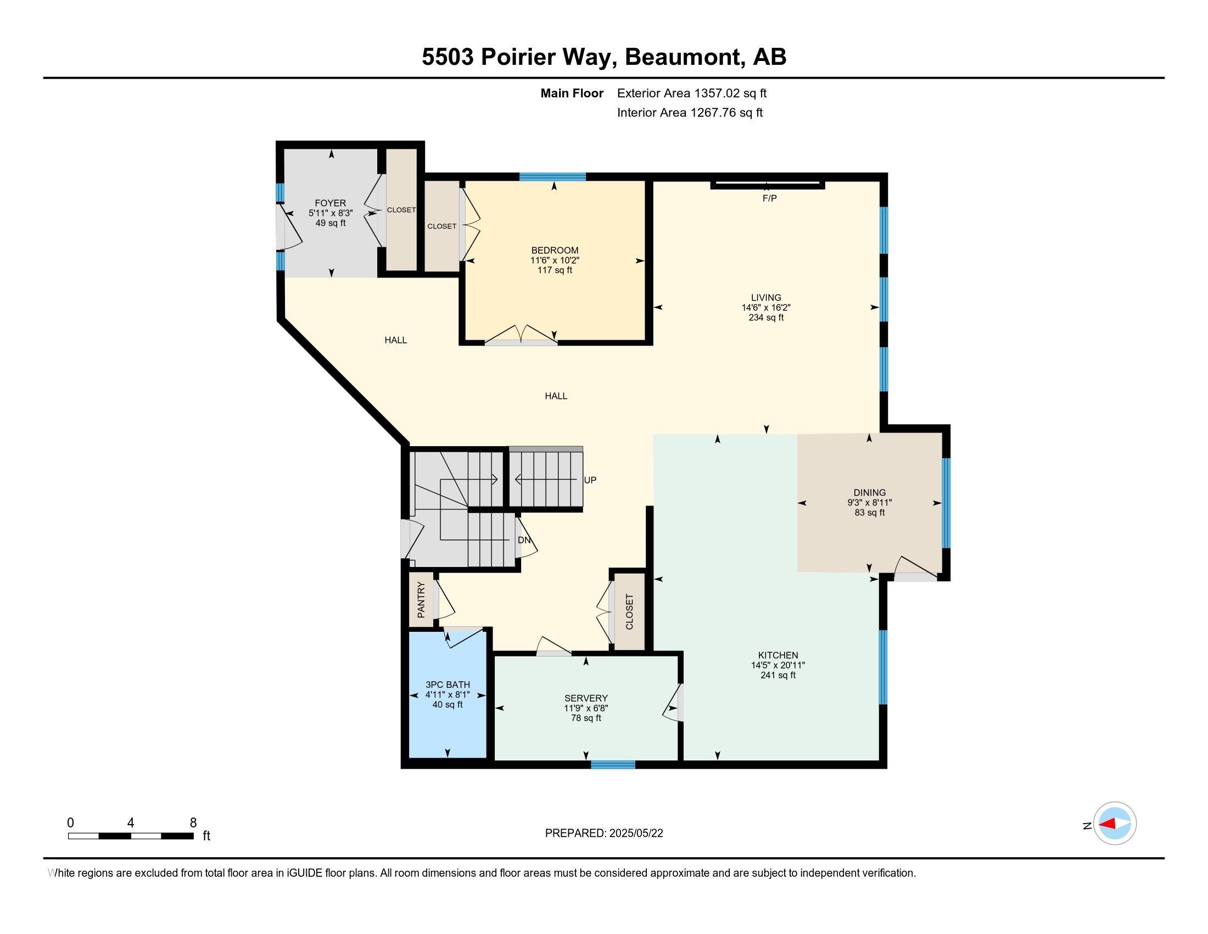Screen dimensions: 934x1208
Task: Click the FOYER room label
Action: [330, 203]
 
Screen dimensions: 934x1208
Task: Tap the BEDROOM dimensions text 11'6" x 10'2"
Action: [554, 260]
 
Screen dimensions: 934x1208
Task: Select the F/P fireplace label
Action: [769, 198]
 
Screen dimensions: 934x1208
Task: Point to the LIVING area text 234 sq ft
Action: [765, 318]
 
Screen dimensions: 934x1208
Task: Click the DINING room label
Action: [869, 492]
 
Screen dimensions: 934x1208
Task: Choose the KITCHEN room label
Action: [778, 655]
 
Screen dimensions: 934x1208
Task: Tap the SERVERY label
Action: [586, 698]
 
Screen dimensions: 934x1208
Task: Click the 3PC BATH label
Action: [448, 685]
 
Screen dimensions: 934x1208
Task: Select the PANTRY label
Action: [421, 600]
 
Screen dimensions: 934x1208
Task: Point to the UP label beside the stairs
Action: [590, 480]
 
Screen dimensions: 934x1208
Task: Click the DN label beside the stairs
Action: [524, 540]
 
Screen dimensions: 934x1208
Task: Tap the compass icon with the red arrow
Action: [1115, 824]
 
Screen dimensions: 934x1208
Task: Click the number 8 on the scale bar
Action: [193, 823]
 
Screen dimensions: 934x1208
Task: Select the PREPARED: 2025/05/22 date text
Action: [603, 833]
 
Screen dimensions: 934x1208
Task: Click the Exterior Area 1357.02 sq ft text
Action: [691, 93]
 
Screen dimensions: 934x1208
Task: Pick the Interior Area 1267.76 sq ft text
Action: [689, 113]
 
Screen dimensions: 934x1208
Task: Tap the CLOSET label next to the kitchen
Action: [629, 612]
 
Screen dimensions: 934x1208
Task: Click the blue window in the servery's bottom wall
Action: [612, 765]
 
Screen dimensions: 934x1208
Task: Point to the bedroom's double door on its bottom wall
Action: [521, 337]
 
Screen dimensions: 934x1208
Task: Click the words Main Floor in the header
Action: [572, 93]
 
